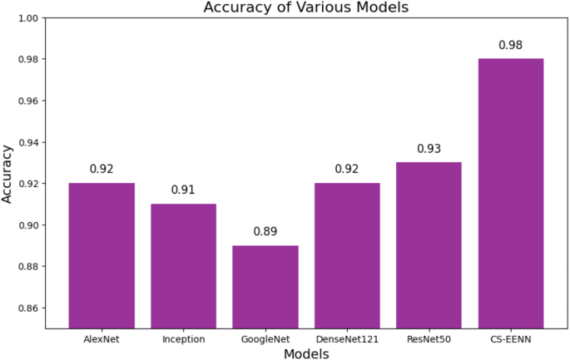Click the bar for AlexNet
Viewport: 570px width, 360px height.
(x=102, y=255)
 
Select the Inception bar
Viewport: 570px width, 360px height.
(x=183, y=265)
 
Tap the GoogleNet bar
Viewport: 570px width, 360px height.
(x=265, y=286)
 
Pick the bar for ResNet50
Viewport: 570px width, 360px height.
(x=429, y=244)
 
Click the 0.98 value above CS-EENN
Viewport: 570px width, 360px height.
(x=510, y=45)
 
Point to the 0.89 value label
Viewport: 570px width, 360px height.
(x=265, y=232)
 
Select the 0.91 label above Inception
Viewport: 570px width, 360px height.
(x=183, y=190)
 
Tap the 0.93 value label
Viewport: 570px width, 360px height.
(x=429, y=149)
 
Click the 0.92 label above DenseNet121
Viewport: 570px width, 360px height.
(x=347, y=170)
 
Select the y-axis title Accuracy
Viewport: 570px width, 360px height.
(x=8, y=173)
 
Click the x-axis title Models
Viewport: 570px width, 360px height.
(x=306, y=354)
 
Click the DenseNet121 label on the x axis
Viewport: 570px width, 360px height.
(x=347, y=338)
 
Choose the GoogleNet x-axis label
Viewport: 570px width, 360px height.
(x=265, y=338)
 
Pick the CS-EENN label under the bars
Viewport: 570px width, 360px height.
(x=510, y=338)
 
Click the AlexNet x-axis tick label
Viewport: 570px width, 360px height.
(x=102, y=338)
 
